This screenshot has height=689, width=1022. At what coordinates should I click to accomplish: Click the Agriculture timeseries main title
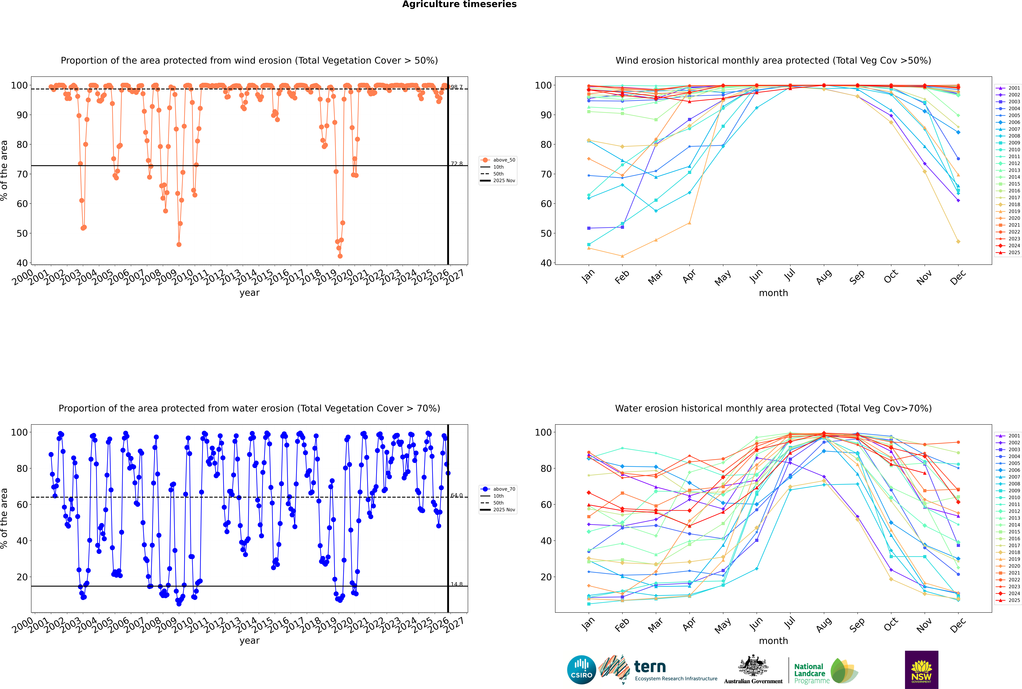459,4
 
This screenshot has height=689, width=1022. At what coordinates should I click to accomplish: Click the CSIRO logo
581,670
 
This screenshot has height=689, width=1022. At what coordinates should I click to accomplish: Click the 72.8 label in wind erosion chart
457,163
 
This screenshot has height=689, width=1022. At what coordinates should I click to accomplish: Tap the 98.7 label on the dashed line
457,87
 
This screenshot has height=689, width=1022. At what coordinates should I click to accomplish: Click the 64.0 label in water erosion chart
457,495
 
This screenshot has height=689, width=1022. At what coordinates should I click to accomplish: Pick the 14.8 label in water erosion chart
457,584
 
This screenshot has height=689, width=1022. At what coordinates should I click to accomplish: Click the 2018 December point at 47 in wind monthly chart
958,241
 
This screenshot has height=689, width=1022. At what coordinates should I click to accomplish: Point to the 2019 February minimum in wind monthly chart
622,256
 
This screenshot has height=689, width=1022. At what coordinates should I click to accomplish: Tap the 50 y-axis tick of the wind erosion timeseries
22,233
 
